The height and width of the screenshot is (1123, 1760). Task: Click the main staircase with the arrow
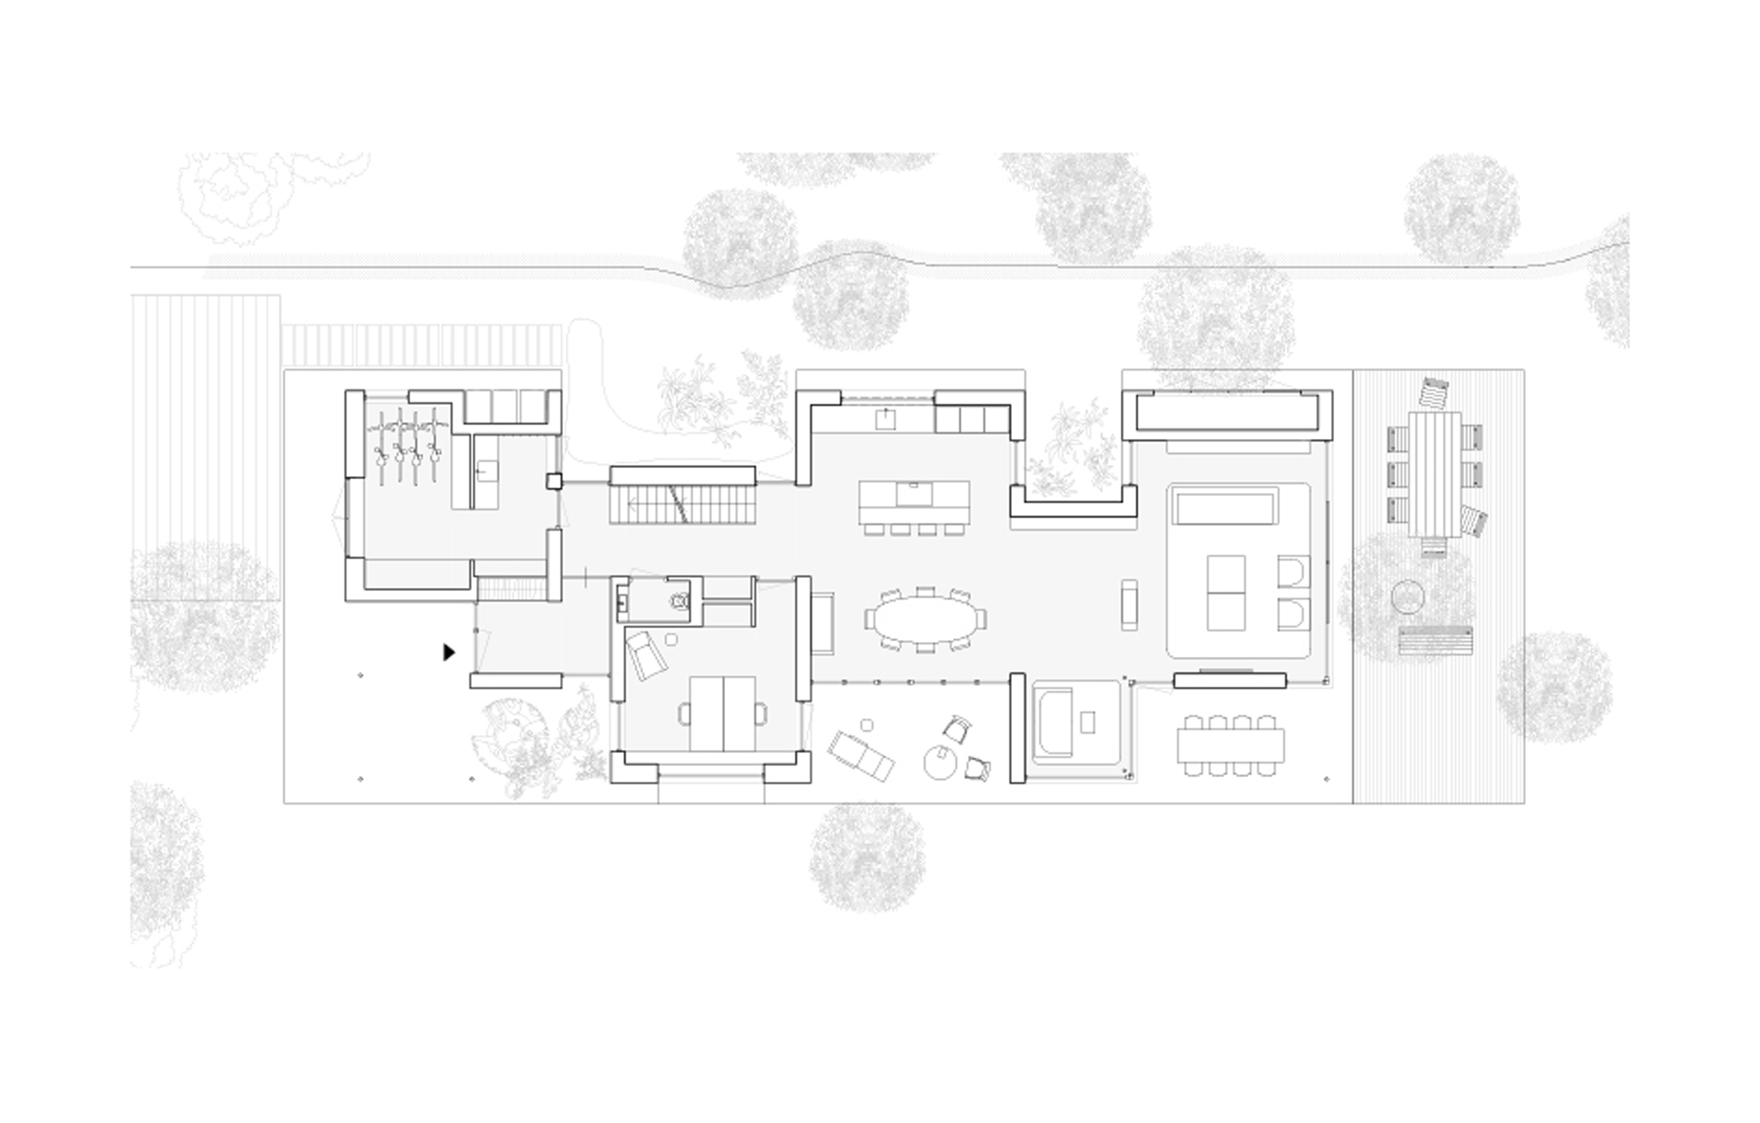[x=681, y=505]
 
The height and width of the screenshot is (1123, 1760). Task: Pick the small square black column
[x=553, y=481]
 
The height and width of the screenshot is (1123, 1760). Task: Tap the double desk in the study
[x=722, y=713]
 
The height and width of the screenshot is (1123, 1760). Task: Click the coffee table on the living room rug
[x=1226, y=592]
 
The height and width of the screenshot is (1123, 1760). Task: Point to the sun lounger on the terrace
[x=861, y=756]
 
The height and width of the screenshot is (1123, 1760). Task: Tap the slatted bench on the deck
[x=1436, y=641]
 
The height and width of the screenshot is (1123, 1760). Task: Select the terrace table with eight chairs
[x=1231, y=746]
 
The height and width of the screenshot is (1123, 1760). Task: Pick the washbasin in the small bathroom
[x=622, y=603]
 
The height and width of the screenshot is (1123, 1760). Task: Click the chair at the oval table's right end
[x=981, y=619]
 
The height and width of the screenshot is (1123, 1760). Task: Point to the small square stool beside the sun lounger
[x=867, y=725]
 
